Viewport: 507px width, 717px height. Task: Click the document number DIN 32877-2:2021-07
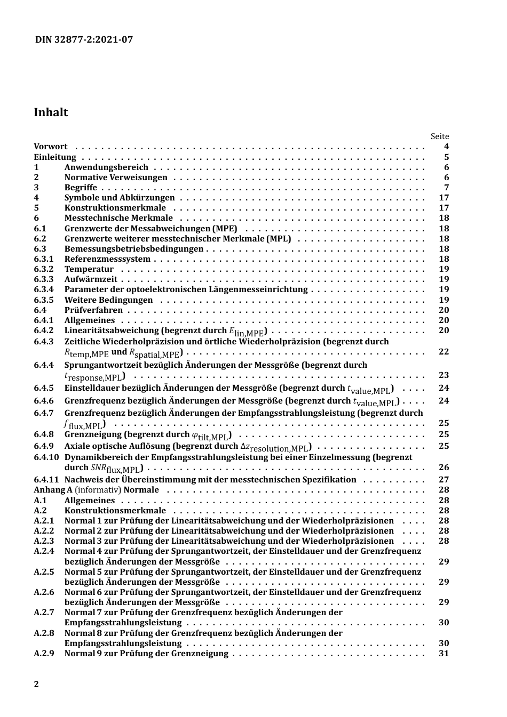(x=84, y=39)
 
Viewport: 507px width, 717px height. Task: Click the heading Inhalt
(x=51, y=112)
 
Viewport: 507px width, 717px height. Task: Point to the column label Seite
(x=440, y=136)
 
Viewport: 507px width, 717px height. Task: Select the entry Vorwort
(x=51, y=147)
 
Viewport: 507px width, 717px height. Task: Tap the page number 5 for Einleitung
(x=447, y=157)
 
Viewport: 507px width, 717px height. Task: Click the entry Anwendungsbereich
(x=106, y=167)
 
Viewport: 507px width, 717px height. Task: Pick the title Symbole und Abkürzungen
(x=120, y=198)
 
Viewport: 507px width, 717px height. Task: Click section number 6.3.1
(x=44, y=259)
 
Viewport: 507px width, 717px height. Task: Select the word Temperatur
(x=89, y=269)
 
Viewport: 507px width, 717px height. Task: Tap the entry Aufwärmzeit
(x=91, y=279)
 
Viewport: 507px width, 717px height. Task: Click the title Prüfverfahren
(x=93, y=310)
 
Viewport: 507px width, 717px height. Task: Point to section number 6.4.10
(x=46, y=457)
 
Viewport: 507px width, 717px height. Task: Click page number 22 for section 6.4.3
(x=443, y=352)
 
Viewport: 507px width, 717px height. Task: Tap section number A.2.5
(x=44, y=572)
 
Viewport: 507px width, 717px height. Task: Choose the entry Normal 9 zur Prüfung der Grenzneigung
(x=146, y=654)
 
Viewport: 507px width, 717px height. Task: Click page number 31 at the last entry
(x=443, y=654)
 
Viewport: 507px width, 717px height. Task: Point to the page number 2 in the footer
(x=36, y=684)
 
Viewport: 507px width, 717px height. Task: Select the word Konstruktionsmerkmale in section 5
(x=115, y=208)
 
